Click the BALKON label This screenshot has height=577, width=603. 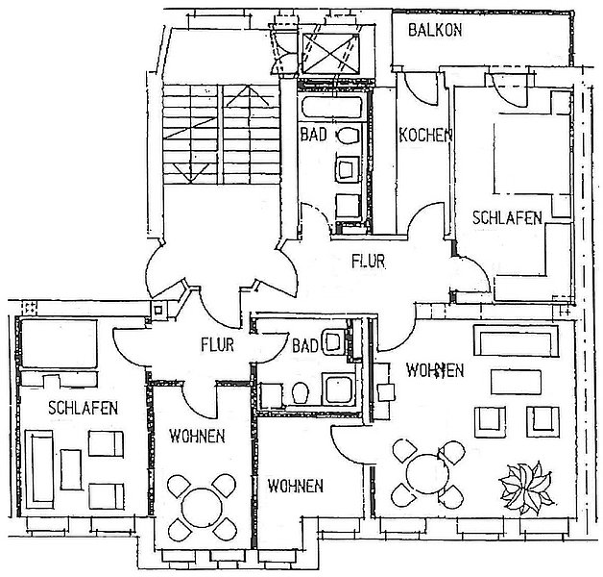click(x=435, y=30)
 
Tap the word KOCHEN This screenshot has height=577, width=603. click(x=425, y=136)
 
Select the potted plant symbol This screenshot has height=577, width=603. click(x=526, y=489)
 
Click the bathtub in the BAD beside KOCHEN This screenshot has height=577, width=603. click(x=332, y=108)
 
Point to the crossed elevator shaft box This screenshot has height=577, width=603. click(x=330, y=53)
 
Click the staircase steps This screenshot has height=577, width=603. click(x=221, y=134)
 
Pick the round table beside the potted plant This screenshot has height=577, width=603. click(x=427, y=474)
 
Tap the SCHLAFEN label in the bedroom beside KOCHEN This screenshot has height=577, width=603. click(x=507, y=218)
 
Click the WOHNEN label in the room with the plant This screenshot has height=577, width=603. click(x=435, y=370)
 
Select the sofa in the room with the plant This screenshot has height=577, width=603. click(x=516, y=340)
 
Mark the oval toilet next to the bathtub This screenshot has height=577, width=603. click(x=349, y=136)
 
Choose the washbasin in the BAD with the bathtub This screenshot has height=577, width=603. click(x=348, y=169)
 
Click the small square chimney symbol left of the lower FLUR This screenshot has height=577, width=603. click(x=158, y=310)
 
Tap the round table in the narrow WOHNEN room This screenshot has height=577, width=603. click(x=202, y=508)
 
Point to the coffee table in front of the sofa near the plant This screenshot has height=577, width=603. click(x=516, y=382)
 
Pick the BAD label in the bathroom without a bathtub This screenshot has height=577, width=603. click(x=305, y=345)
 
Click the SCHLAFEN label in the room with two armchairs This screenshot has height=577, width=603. click(x=84, y=408)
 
